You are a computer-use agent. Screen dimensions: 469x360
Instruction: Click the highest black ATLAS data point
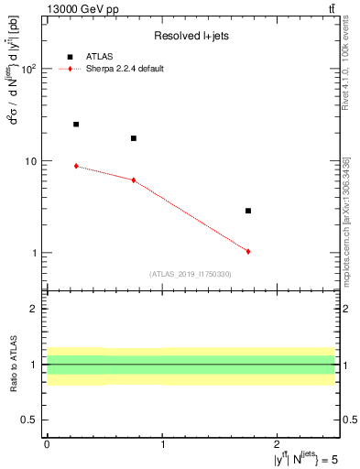(x=76, y=124)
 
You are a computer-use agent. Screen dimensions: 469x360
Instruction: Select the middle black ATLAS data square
(x=134, y=138)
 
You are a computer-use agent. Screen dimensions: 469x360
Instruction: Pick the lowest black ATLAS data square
(x=248, y=211)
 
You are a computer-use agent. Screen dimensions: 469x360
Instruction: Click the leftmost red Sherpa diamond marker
(x=76, y=166)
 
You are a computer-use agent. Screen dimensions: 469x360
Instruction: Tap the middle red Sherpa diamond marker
(x=134, y=180)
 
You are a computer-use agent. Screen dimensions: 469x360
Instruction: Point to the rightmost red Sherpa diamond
(x=248, y=251)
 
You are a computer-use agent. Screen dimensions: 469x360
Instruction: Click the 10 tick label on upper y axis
(x=31, y=161)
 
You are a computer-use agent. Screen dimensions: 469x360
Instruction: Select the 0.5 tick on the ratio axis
(x=31, y=420)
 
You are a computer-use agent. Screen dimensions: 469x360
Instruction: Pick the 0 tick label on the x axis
(x=47, y=445)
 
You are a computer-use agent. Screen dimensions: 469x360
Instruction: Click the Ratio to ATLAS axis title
(x=13, y=365)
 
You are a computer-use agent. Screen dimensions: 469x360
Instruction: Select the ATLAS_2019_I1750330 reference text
(x=191, y=274)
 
